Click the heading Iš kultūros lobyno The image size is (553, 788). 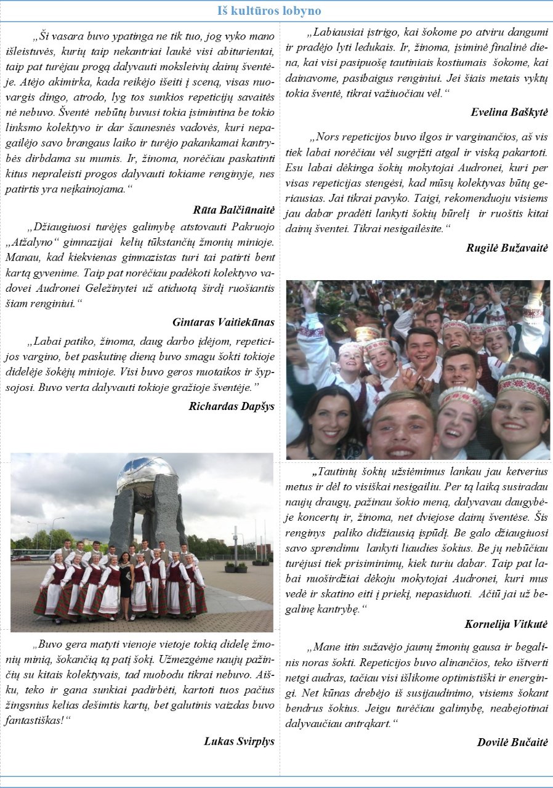click(x=269, y=11)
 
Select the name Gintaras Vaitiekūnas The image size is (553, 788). click(x=223, y=322)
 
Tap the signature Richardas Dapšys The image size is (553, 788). click(x=232, y=406)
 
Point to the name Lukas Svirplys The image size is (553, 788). click(x=239, y=741)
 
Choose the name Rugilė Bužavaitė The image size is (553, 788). click(x=507, y=248)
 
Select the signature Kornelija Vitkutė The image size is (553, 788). click(x=506, y=624)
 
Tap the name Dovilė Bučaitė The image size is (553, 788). click(x=512, y=742)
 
